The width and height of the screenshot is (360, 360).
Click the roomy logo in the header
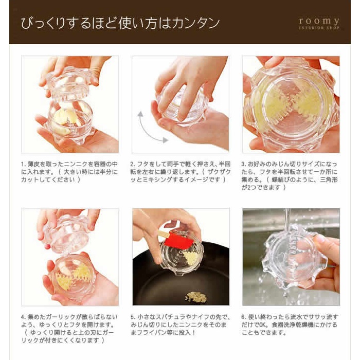click(x=319, y=24)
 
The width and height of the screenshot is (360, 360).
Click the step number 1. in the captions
click(x=24, y=164)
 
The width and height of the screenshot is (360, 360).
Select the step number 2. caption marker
click(x=133, y=164)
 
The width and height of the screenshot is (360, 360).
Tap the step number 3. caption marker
click(x=244, y=164)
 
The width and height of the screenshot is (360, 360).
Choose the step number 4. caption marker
click(x=24, y=317)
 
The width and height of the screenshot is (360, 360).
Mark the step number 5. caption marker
click(x=133, y=317)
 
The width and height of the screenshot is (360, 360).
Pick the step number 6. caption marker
click(x=244, y=317)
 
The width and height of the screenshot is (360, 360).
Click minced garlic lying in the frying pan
click(x=196, y=297)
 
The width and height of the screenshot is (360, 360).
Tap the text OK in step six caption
click(x=263, y=325)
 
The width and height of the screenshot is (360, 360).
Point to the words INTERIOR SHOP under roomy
click(x=319, y=28)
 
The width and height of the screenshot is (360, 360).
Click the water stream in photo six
click(x=286, y=218)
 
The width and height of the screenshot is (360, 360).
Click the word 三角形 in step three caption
click(x=329, y=179)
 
